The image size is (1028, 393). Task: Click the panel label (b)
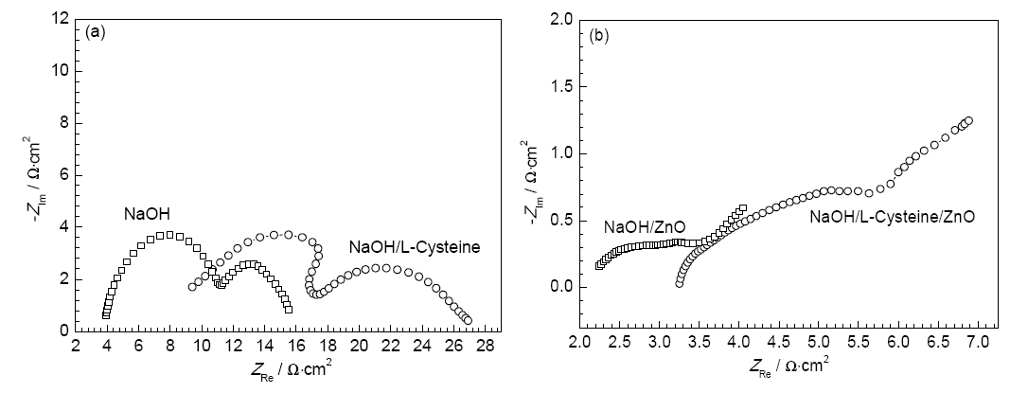(598, 36)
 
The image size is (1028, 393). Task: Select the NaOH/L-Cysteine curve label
(415, 248)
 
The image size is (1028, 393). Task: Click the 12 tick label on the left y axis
(62, 19)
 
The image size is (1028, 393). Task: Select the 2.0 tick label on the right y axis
(562, 19)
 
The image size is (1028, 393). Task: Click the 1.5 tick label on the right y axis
(562, 86)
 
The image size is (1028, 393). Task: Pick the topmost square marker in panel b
(742, 207)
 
